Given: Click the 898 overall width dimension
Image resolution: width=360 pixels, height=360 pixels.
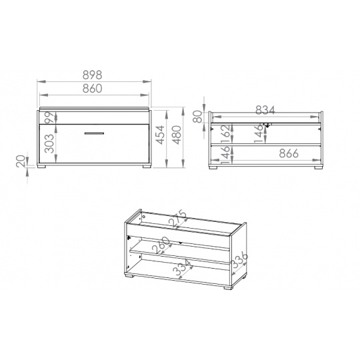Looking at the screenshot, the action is (x=92, y=75).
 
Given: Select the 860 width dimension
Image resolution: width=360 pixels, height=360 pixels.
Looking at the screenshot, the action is (x=92, y=89).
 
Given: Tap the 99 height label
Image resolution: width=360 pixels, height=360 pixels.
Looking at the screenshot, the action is (x=49, y=117).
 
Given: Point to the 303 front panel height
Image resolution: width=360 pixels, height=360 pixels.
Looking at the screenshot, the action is (x=49, y=144).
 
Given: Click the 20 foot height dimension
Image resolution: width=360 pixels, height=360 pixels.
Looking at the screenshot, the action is (x=21, y=161).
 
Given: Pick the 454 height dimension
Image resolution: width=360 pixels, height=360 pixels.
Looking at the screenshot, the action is (x=161, y=135).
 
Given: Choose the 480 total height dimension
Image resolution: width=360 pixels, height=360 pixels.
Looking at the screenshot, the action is (x=177, y=135).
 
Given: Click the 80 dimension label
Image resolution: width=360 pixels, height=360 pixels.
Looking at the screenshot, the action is (x=197, y=117).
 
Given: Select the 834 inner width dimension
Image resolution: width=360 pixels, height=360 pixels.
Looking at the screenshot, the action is (x=265, y=110).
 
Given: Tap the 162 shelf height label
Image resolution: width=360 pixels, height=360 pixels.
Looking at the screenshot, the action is (x=226, y=133).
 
